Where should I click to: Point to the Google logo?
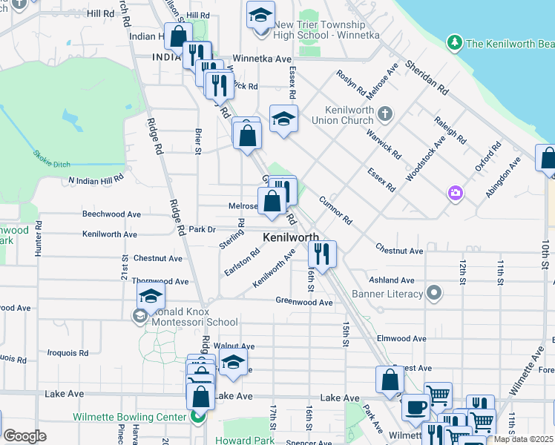tap(24, 436)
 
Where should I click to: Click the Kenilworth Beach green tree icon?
tap(454, 44)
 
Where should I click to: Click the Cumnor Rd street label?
tap(335, 210)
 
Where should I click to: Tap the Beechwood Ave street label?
tap(111, 214)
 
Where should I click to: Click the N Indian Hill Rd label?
tap(96, 180)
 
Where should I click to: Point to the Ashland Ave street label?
tap(391, 280)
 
